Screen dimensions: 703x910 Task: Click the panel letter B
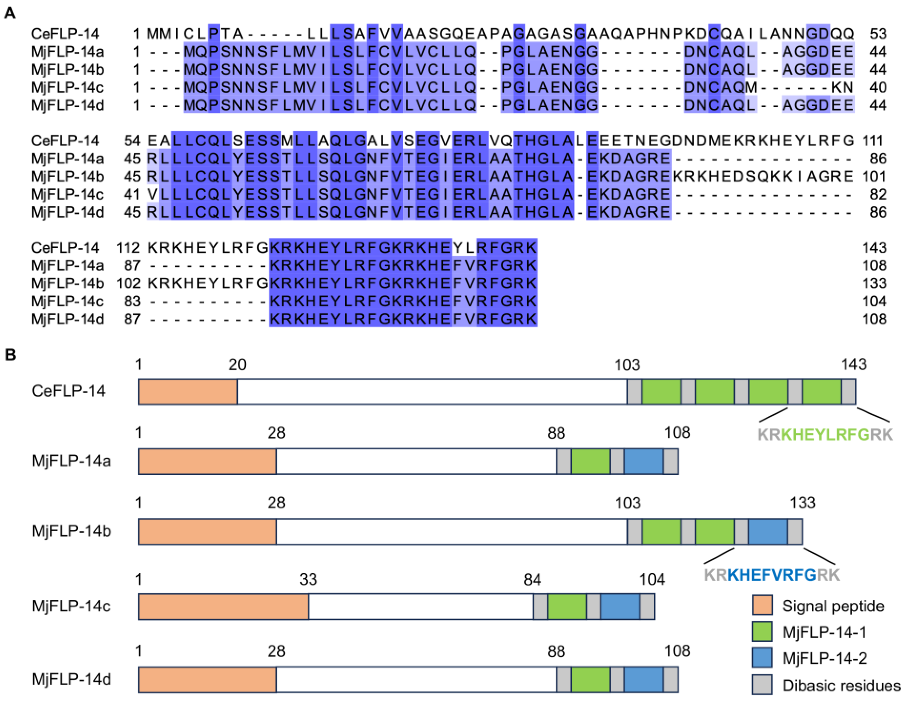pos(10,355)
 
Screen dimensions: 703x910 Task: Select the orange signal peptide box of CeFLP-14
pos(188,391)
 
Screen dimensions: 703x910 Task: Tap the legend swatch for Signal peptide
pos(762,605)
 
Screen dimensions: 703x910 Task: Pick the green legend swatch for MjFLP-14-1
pos(762,631)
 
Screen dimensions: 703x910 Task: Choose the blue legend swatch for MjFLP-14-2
pos(762,658)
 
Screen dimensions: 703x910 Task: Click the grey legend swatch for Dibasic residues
pos(762,685)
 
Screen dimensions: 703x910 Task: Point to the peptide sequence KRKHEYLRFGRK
pos(825,434)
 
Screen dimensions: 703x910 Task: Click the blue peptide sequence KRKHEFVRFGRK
pos(772,575)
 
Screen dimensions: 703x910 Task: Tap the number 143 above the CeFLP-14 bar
pos(853,364)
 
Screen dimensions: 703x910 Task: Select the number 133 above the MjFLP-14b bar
pos(802,503)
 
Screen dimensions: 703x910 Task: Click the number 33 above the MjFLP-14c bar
pos(308,579)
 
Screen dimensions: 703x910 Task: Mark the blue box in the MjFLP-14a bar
pos(643,461)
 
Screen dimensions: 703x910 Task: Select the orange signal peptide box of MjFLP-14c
pos(223,607)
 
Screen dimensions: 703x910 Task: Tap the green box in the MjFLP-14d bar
pos(590,680)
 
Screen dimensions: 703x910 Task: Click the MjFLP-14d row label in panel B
pos(71,679)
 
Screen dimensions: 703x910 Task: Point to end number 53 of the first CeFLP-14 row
pos(878,34)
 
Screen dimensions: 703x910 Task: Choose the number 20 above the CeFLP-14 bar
pos(237,364)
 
